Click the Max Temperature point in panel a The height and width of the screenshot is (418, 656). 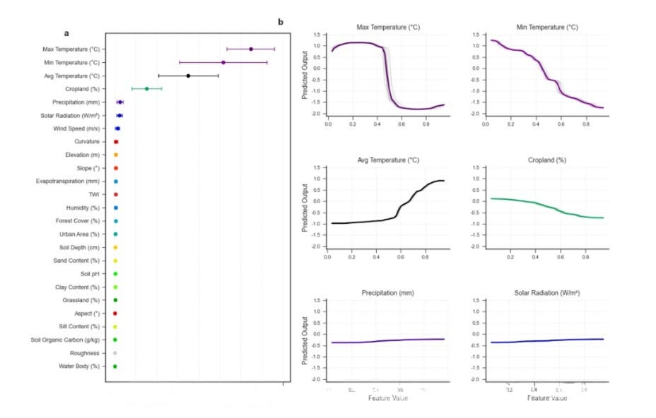pos(251,49)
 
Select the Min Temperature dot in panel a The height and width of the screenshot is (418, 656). pos(223,62)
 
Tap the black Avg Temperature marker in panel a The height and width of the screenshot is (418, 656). pos(188,76)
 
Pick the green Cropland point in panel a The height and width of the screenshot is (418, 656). pos(147,89)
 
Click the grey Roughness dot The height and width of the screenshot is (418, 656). pos(115,353)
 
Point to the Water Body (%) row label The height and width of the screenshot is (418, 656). pos(78,366)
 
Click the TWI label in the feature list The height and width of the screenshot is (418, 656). pos(93,195)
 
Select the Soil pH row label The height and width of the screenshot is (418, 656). pos(89,274)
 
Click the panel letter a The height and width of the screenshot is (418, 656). pos(66,33)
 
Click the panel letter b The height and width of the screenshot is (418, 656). pos(281,22)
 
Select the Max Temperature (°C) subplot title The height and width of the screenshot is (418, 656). pos(385,27)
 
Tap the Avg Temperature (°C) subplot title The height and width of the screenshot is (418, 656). pos(385,160)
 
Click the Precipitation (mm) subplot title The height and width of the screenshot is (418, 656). pos(385,292)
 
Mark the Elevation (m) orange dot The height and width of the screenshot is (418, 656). pos(115,155)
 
